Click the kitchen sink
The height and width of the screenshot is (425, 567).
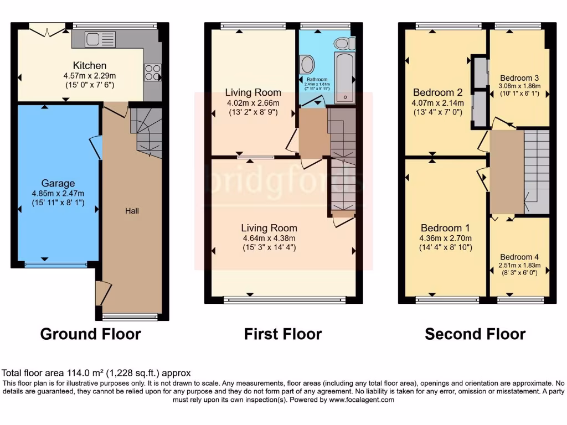click(100, 39)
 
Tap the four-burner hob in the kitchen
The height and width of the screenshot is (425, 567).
click(152, 72)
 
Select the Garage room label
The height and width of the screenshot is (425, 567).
click(58, 183)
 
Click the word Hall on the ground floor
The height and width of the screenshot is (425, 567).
click(132, 211)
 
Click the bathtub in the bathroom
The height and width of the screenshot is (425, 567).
click(344, 78)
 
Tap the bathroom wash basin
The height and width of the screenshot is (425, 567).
click(306, 65)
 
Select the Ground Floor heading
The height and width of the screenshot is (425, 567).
click(90, 334)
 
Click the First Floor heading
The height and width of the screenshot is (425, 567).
click(282, 334)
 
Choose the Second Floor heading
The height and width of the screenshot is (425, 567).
click(475, 334)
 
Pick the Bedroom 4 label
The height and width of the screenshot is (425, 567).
click(519, 257)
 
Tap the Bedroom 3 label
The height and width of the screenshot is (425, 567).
click(519, 78)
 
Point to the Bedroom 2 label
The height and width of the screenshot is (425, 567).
click(437, 92)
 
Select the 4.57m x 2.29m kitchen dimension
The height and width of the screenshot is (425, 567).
click(89, 76)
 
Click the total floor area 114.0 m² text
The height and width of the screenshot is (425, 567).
click(96, 374)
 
